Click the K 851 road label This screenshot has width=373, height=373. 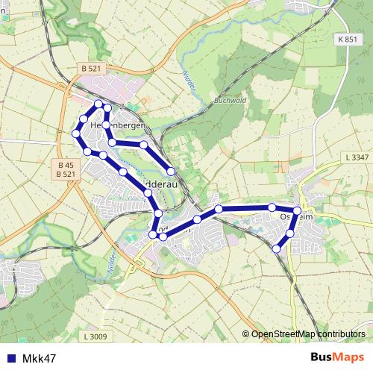coord(346,39)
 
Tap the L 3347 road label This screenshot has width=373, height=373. coord(357,157)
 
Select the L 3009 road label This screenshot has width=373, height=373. coord(95,337)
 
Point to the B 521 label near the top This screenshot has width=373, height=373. coord(89,69)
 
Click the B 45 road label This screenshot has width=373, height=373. coord(65,165)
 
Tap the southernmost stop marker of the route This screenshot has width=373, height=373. coord(277,248)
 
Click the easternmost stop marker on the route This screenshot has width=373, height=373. coord(298,211)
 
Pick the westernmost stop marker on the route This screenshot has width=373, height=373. coord(75,134)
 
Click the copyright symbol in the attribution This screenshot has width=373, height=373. coord(246,334)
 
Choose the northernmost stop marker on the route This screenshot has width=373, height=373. coord(98,103)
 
